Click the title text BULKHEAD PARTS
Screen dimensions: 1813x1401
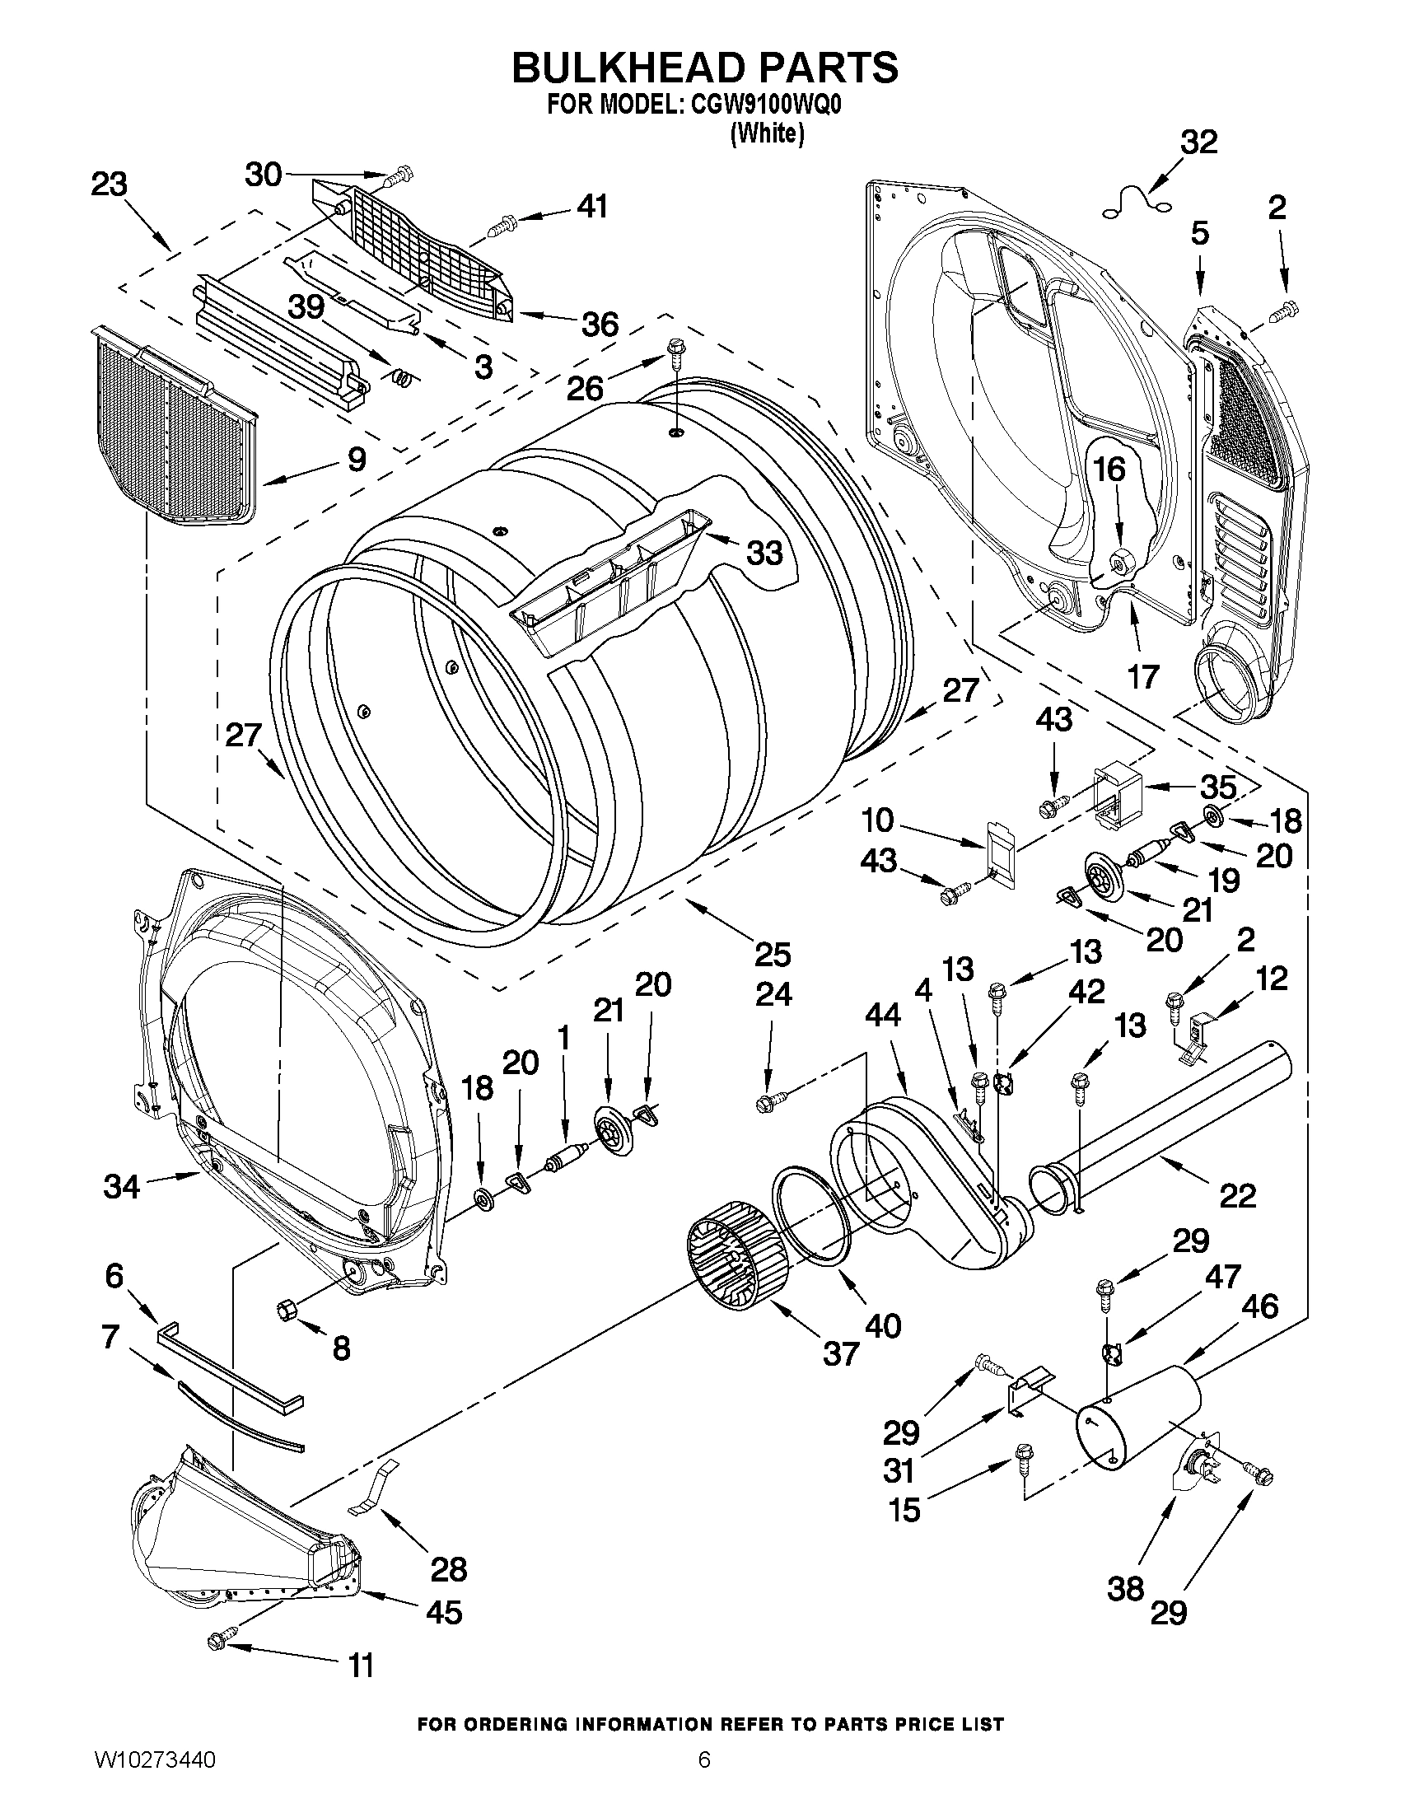704,68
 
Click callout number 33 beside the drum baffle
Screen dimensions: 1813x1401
764,552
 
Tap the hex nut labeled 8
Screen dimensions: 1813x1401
287,1309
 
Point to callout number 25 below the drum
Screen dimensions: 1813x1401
772,954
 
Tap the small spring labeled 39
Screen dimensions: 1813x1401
402,378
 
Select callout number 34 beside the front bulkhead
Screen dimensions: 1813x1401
121,1187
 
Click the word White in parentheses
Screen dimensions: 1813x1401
767,133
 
